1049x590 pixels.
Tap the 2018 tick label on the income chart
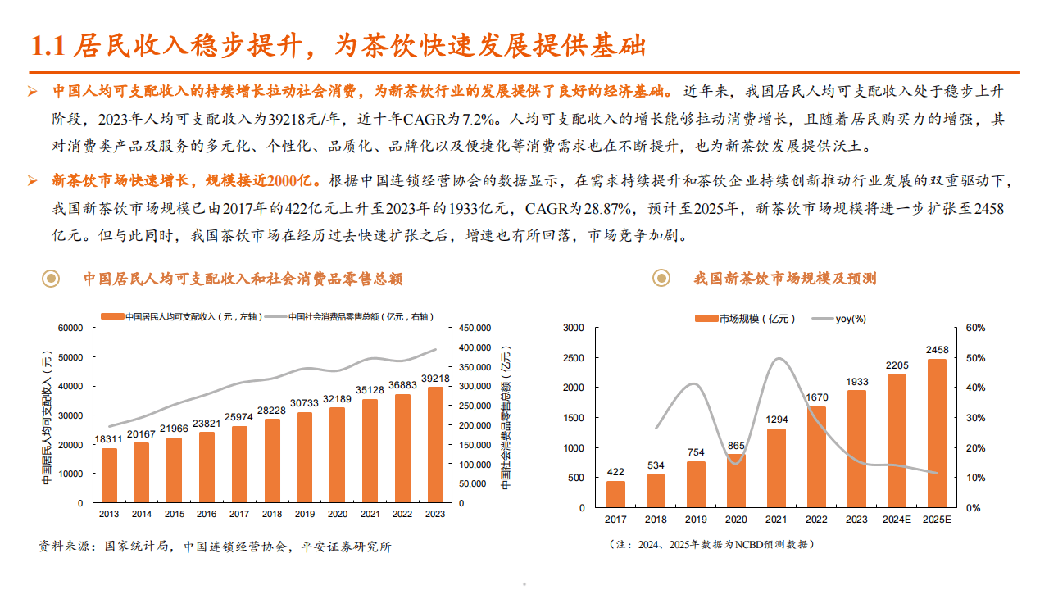click(x=270, y=514)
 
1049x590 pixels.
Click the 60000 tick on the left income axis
click(x=70, y=328)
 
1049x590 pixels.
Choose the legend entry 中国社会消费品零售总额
click(x=360, y=316)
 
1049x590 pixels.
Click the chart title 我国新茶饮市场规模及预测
click(x=784, y=279)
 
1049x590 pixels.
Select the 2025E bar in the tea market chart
click(x=937, y=433)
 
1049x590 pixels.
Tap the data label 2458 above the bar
click(x=937, y=350)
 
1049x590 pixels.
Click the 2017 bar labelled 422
click(x=615, y=493)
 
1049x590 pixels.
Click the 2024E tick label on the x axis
click(x=897, y=520)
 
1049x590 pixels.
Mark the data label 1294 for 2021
click(x=776, y=420)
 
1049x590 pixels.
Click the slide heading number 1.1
click(x=47, y=46)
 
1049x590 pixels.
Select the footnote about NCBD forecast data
click(x=711, y=544)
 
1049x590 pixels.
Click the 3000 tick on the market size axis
click(x=574, y=328)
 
